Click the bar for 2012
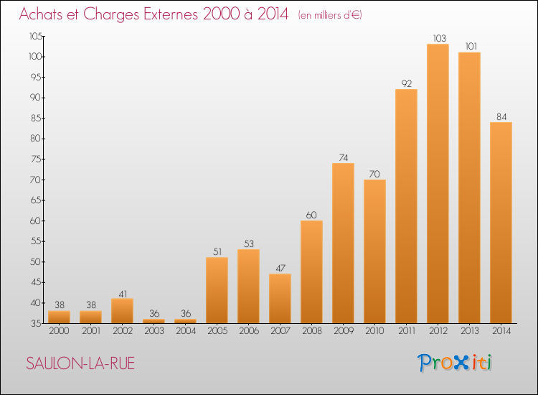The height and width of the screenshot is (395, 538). click(438, 183)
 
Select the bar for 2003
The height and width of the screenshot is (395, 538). click(154, 321)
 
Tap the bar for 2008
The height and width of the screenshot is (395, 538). click(311, 271)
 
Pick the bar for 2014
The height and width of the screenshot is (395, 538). click(501, 223)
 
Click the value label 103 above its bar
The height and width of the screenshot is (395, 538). click(439, 38)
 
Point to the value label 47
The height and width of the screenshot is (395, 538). click(280, 269)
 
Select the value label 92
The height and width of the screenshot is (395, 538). click(407, 83)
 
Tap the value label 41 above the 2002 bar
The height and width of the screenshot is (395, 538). click(123, 294)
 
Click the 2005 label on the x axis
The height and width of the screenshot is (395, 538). click(217, 331)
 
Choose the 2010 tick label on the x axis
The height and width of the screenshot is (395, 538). click(374, 331)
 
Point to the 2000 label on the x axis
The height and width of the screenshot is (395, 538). click(59, 331)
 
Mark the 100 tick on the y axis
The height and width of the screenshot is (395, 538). click(35, 57)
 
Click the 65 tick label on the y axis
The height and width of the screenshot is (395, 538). click(36, 200)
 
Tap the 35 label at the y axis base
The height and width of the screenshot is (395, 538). click(36, 324)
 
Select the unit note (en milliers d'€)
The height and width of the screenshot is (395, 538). click(330, 15)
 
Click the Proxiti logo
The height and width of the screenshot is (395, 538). click(455, 363)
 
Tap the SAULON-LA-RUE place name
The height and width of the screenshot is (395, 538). click(80, 363)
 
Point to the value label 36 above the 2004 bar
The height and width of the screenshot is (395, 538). click(186, 313)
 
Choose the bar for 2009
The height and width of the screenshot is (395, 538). click(343, 243)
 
